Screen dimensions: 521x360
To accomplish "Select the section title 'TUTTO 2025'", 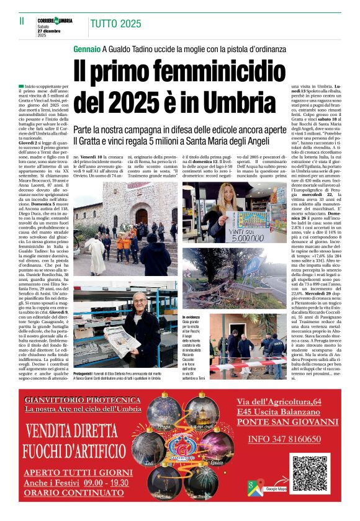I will point(115,24).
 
